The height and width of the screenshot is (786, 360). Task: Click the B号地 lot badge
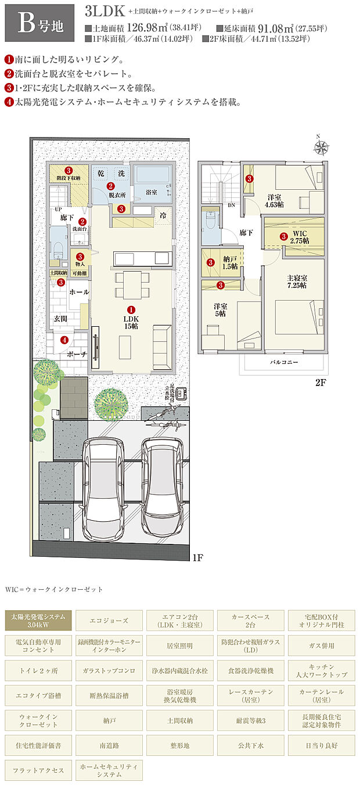tap(39, 22)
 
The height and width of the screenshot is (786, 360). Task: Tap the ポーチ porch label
tap(76, 354)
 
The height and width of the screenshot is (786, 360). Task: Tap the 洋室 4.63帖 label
tap(273, 200)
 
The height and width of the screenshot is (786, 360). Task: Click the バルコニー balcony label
tap(284, 361)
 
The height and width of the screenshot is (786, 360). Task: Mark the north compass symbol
tap(320, 146)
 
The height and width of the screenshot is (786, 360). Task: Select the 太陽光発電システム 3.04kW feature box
tap(39, 621)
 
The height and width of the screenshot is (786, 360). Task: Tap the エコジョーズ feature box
tap(110, 621)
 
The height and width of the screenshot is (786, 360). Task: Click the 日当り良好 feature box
tap(321, 745)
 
